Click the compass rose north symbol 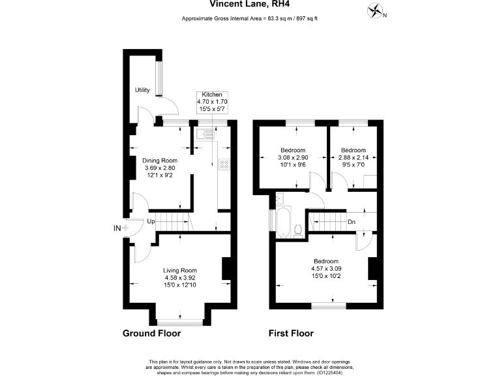click(376, 11)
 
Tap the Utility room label click(142, 90)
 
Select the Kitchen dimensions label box click(212, 102)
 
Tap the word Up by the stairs click(151, 222)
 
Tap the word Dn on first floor click(351, 222)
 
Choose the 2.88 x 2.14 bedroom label click(354, 157)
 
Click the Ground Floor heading click(151, 334)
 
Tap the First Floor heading click(291, 334)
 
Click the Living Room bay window click(179, 321)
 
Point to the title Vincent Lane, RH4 click(250, 4)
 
